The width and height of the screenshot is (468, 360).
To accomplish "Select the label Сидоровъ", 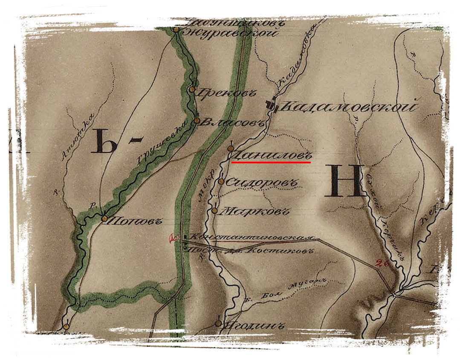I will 261,183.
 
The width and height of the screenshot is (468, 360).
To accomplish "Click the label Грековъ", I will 218,90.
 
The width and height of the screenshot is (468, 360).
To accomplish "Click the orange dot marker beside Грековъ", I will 192,90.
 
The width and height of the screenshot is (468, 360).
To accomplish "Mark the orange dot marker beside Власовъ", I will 196,120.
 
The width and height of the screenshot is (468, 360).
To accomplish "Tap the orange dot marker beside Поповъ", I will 104,218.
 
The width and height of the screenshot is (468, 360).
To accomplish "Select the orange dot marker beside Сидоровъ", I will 221,182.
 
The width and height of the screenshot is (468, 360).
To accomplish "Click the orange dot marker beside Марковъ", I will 215,211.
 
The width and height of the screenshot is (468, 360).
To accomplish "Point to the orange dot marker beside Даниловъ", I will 230,148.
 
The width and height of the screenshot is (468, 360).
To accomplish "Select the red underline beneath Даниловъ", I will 271,163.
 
